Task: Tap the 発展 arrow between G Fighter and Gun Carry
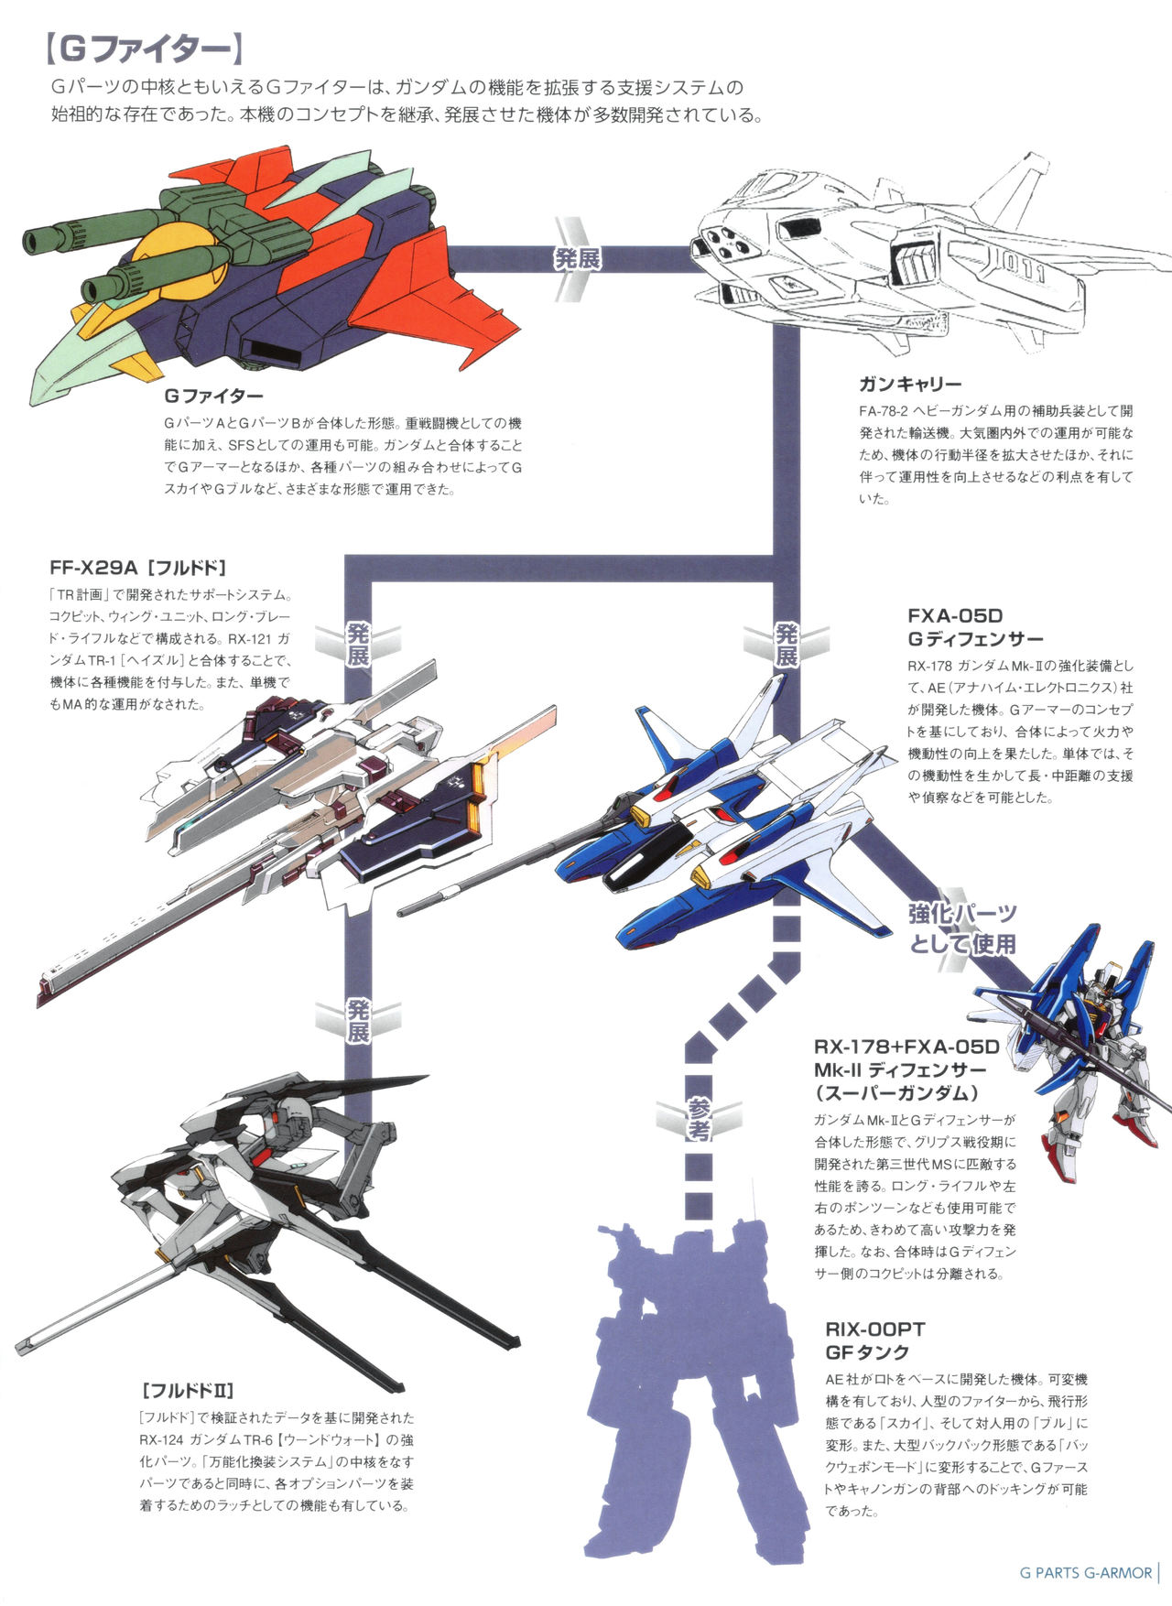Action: pos(578,259)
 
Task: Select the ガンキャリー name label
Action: pos(909,384)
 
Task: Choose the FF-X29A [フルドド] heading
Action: pos(137,567)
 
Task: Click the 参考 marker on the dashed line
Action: pos(698,1118)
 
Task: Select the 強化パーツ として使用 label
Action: pos(962,928)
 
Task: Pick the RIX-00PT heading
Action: pos(874,1329)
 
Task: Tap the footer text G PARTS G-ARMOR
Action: pos(1085,1573)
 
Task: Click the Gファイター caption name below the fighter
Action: pos(213,396)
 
